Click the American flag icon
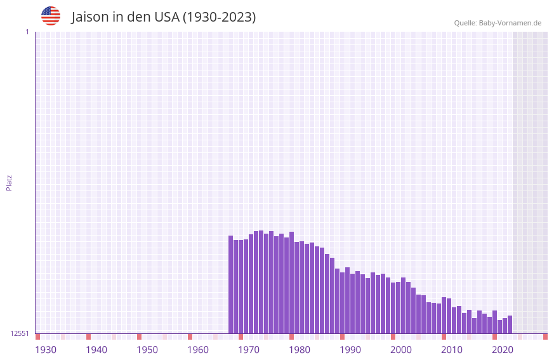(51, 16)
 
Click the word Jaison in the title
(90, 17)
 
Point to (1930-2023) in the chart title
(220, 17)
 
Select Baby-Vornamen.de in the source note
(510, 23)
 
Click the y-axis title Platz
(9, 182)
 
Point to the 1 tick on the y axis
(27, 32)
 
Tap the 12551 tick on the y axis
(20, 333)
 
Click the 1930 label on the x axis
(46, 350)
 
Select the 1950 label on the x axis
(147, 350)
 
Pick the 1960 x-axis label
(198, 350)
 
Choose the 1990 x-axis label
(350, 350)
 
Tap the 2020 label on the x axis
(503, 350)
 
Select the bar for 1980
(292, 283)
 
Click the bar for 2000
(393, 308)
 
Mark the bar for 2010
(444, 315)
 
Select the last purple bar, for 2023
(510, 324)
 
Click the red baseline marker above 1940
(89, 337)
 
